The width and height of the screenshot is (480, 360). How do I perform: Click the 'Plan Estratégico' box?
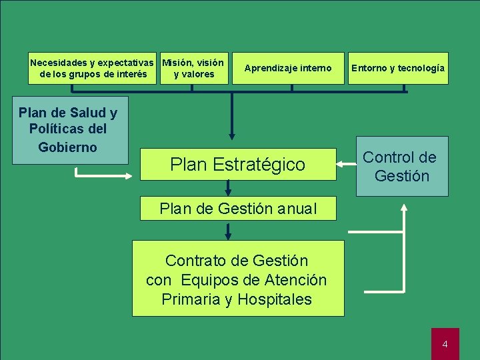238,164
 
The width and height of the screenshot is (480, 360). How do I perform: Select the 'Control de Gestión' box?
401,167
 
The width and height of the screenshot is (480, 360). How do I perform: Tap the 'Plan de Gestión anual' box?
238,209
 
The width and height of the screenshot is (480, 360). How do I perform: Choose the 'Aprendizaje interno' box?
287,68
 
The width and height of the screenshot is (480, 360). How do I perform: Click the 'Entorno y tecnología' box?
398,68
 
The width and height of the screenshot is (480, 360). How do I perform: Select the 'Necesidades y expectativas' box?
93,68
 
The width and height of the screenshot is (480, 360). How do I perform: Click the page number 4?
445,344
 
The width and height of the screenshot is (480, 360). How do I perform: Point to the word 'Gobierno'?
67,147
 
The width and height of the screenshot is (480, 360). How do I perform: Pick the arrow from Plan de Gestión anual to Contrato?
229,231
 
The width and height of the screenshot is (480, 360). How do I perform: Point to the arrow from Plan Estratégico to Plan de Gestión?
229,189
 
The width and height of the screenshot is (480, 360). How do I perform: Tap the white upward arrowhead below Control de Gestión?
403,208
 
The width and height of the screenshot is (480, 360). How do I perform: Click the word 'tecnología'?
423,68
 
